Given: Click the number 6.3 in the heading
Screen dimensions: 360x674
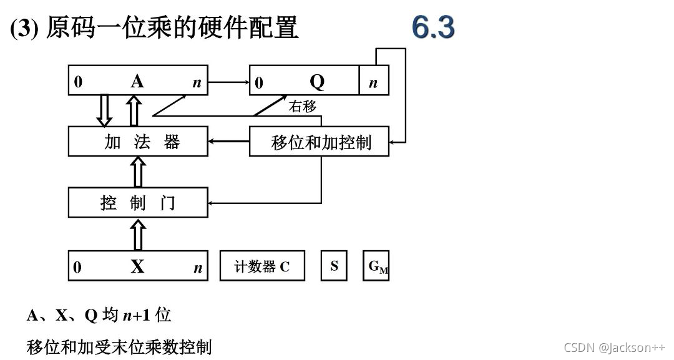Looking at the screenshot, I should coord(433,28).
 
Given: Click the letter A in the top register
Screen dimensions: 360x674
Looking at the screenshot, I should coord(137,82).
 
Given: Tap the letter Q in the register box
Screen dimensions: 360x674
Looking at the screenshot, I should coord(317,82).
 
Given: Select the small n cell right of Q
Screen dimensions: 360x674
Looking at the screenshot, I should coord(373,82).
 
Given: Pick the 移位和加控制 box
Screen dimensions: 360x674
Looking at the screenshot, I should coord(319,142).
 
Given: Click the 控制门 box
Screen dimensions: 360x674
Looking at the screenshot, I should coord(138,202).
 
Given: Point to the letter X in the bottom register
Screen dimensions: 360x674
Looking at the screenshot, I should coord(137,267).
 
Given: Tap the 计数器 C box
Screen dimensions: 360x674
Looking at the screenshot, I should coord(262,266).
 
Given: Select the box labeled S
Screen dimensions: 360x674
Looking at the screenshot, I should coord(335,266).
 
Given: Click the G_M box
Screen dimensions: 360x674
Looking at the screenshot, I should coord(376,266).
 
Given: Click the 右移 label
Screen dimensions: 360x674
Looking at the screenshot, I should coord(302,107).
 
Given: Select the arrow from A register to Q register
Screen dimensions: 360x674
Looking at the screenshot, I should coord(228,82).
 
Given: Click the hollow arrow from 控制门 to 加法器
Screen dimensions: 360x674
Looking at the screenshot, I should coord(138,172).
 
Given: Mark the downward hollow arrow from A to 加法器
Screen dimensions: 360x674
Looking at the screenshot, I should coord(104,111).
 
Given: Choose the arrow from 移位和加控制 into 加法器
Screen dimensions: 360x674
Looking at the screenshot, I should coord(228,142).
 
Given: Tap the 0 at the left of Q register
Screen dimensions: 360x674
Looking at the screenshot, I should coord(259,83).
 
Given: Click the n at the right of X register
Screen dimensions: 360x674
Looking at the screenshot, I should coord(198,268).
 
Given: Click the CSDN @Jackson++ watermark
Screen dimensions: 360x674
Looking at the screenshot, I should coord(614,348).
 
